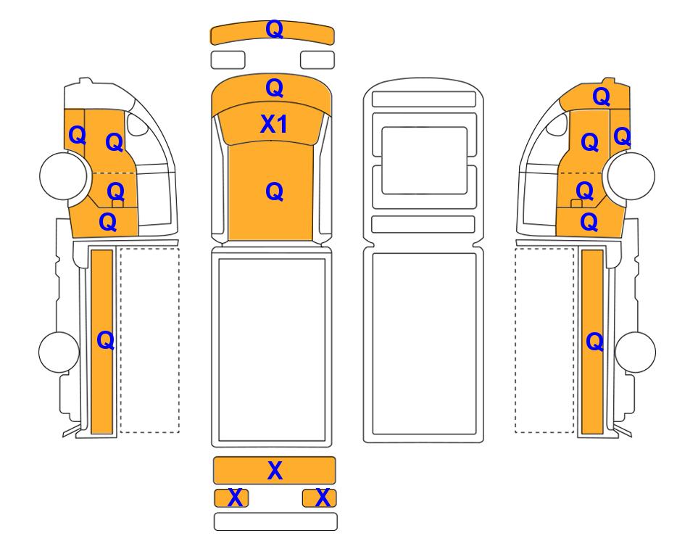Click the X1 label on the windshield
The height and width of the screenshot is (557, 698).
[x=273, y=124]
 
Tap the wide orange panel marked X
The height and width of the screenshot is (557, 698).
[x=274, y=470]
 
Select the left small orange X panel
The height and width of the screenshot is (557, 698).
[x=231, y=498]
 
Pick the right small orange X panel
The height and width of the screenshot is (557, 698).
[x=319, y=498]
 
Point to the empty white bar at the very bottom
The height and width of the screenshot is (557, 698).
[x=275, y=521]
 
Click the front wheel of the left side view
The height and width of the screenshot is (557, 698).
[x=63, y=176]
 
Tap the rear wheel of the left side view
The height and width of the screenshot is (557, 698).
[x=59, y=352]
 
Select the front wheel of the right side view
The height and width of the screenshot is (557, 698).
[x=631, y=176]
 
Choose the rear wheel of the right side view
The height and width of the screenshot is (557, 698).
[x=635, y=352]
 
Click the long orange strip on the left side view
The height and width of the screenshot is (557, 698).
[x=102, y=342]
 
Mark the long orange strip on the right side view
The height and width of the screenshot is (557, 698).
[x=592, y=342]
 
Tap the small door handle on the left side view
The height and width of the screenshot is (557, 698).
[x=117, y=204]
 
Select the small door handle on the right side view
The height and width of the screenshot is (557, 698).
[x=576, y=204]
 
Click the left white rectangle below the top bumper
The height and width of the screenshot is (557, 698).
[x=228, y=59]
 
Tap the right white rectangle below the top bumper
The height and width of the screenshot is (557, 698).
[x=317, y=59]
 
